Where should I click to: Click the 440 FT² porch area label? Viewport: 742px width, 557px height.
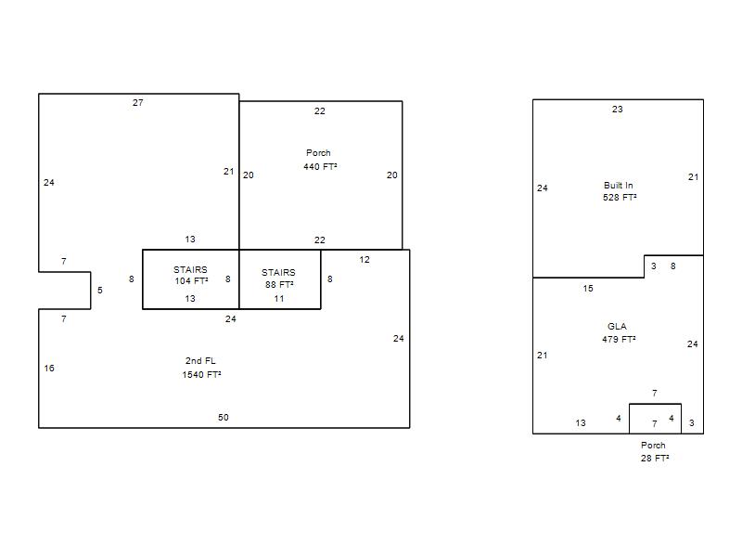320,166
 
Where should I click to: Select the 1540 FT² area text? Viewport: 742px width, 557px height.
201,374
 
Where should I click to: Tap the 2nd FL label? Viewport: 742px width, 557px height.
200,360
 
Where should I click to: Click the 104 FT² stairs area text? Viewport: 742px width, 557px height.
191,280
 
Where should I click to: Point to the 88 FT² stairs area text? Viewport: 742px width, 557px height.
279,284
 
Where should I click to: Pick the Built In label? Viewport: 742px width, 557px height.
618,185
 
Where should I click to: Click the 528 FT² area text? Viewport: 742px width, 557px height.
620,197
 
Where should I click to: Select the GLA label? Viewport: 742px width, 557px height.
617,327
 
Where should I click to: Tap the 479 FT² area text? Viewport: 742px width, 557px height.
619,339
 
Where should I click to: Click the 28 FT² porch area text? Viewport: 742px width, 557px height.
655,458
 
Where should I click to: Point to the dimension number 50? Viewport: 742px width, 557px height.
224,417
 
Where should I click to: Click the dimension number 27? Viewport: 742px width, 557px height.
137,102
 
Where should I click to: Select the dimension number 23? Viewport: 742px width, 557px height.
617,109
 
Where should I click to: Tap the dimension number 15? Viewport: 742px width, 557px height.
588,288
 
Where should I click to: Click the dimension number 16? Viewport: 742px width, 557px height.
49,368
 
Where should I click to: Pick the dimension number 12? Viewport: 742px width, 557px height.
365,260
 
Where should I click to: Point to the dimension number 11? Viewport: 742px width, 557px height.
279,299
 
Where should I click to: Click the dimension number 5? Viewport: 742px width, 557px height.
100,290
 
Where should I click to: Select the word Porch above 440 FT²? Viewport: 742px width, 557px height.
318,152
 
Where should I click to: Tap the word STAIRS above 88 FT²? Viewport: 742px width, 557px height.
278,272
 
